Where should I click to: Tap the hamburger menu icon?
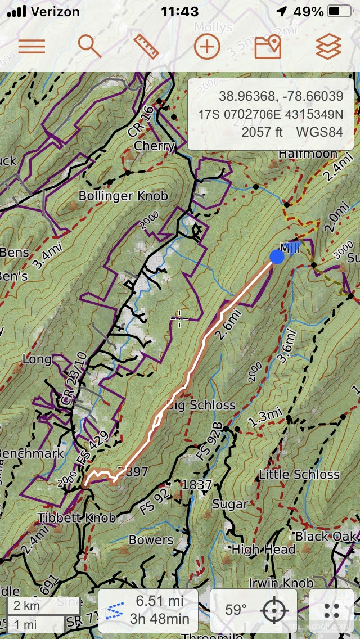[31, 46]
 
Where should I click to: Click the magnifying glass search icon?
[89, 46]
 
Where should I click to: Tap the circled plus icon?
[207, 46]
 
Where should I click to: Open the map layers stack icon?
[328, 46]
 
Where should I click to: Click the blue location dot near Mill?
[277, 256]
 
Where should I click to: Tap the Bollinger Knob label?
[123, 196]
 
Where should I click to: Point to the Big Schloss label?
[201, 405]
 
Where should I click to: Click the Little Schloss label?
[299, 475]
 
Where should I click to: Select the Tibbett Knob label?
[77, 517]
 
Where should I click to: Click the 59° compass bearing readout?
[236, 610]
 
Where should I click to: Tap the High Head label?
[263, 550]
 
